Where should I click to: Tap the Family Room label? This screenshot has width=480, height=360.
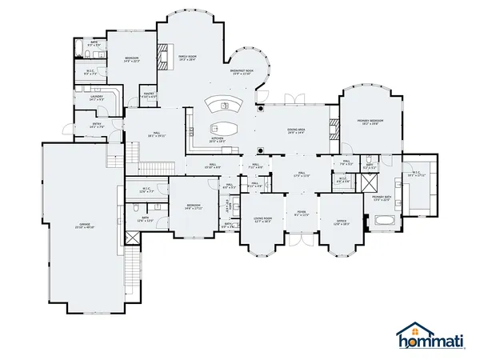187,56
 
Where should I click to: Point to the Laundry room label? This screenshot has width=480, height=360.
97,97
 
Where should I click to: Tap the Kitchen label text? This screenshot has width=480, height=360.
217,138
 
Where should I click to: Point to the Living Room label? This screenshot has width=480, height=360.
263,218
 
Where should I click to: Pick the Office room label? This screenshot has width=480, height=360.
341,221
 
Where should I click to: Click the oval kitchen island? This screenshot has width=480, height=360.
224,128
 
